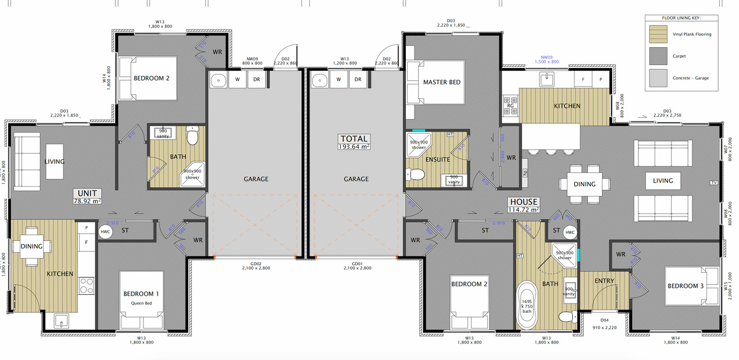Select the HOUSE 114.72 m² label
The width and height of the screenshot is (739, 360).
pos(524,205)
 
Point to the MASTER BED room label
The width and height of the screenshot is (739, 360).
pos(442,82)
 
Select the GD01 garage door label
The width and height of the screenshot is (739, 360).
pos(356,265)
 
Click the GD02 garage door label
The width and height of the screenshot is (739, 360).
pos(256,265)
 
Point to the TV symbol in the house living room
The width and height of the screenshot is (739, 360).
pos(714,183)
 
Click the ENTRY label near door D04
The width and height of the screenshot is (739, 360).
pos(604,281)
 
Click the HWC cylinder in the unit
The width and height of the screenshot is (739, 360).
pos(105,231)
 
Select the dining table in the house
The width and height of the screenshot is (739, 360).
pos(584,184)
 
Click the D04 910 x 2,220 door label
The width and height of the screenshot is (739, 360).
pos(605,323)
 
